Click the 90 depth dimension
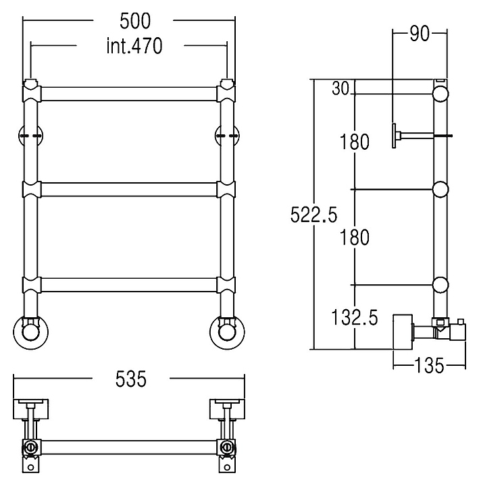point(420,34)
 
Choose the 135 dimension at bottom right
point(430,366)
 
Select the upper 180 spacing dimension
point(355,142)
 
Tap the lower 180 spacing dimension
point(355,238)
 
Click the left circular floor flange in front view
point(30,333)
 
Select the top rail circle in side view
point(440,92)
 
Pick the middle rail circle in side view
point(440,189)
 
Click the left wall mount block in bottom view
point(31,408)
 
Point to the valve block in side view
point(403,331)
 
